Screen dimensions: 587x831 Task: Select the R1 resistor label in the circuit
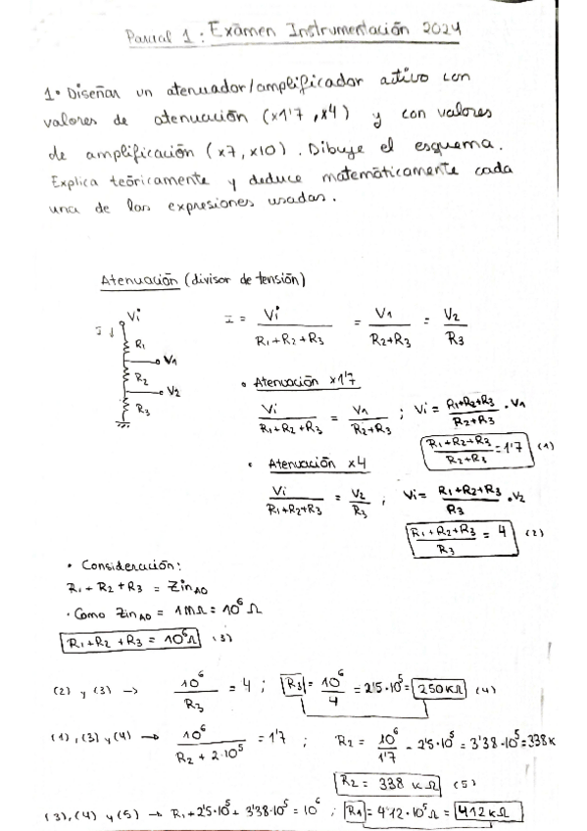pos(140,344)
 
